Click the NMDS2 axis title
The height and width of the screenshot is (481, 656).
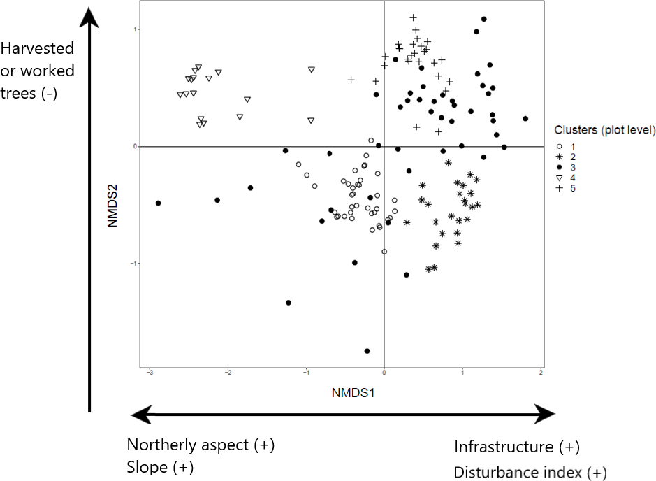click(x=112, y=186)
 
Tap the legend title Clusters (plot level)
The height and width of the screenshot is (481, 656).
click(x=604, y=130)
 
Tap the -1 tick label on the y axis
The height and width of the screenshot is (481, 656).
click(x=133, y=264)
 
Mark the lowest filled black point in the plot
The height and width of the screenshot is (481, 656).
click(x=367, y=351)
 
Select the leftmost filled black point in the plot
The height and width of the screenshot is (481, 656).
click(x=159, y=203)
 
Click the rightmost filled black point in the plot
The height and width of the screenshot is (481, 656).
click(x=525, y=119)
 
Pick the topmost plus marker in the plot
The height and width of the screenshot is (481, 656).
click(x=413, y=17)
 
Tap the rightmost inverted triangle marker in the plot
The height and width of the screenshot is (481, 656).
click(x=312, y=70)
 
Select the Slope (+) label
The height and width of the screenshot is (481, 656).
click(x=160, y=466)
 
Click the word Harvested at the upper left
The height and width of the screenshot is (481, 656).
click(x=38, y=49)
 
